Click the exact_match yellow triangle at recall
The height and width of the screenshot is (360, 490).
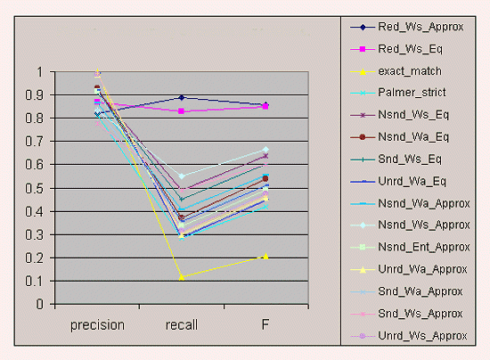[182, 277]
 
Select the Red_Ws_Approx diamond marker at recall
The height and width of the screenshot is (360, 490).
[182, 97]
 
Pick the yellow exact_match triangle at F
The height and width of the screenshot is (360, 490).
[265, 256]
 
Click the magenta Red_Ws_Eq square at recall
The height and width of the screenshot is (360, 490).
[182, 111]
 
